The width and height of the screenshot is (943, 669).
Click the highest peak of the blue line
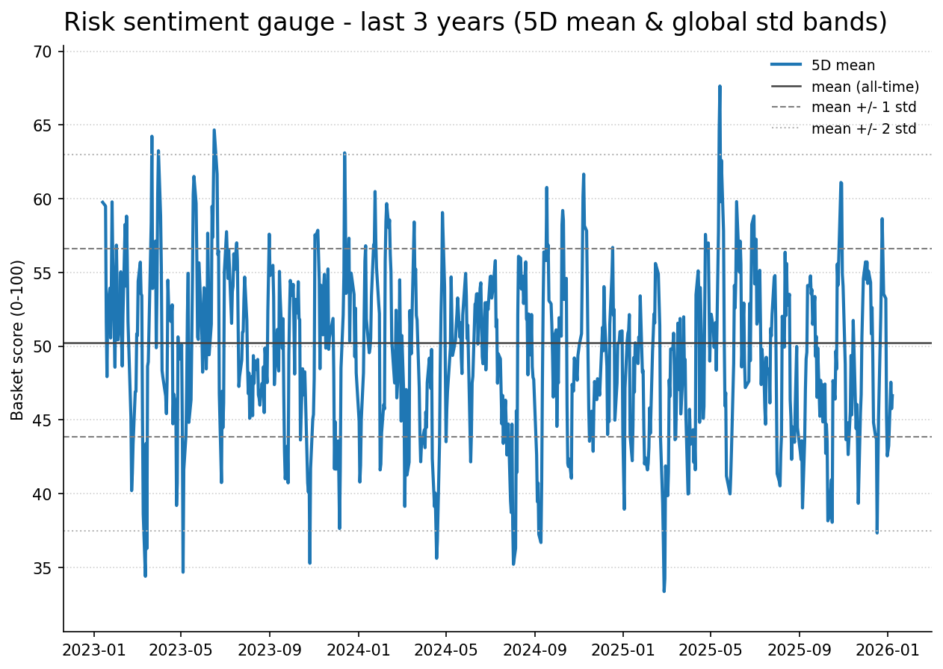click(720, 86)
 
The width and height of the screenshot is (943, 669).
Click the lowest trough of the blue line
click(664, 591)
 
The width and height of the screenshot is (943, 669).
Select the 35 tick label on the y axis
click(43, 568)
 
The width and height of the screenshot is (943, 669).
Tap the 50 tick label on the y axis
click(43, 346)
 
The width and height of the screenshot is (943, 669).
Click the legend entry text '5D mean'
click(843, 66)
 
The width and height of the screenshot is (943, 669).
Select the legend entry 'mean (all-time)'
click(865, 87)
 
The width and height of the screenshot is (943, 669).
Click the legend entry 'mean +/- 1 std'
click(864, 108)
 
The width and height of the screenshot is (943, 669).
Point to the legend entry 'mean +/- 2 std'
click(864, 128)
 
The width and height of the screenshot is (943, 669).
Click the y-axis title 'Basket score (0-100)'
click(18, 340)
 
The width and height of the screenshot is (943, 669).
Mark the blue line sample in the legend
click(786, 66)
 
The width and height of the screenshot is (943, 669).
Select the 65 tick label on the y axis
click(43, 125)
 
